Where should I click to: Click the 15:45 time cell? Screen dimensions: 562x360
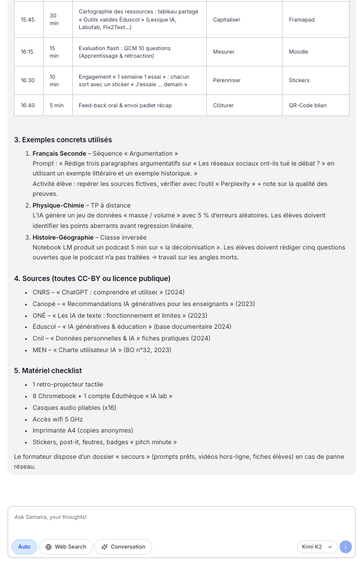click(x=27, y=20)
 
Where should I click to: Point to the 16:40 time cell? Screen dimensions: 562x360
click(x=27, y=106)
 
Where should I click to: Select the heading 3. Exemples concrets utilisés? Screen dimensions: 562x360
click(x=63, y=140)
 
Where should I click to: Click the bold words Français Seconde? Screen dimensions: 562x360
click(x=59, y=154)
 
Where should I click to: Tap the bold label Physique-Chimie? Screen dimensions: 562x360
click(x=58, y=206)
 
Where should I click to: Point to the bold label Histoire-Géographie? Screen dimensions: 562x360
click(x=63, y=238)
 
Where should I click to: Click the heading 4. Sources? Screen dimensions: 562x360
click(x=92, y=279)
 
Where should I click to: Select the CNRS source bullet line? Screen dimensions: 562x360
click(x=108, y=293)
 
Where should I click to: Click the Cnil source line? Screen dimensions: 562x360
click(x=121, y=339)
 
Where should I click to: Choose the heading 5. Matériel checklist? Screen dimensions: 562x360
click(x=48, y=371)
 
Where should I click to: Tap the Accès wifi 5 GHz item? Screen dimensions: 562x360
click(x=58, y=419)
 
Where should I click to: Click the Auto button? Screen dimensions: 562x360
click(x=24, y=547)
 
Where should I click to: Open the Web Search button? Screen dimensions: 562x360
click(x=66, y=547)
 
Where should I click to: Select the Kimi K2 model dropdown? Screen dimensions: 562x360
click(x=317, y=547)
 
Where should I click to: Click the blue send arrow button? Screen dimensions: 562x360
click(x=345, y=547)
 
